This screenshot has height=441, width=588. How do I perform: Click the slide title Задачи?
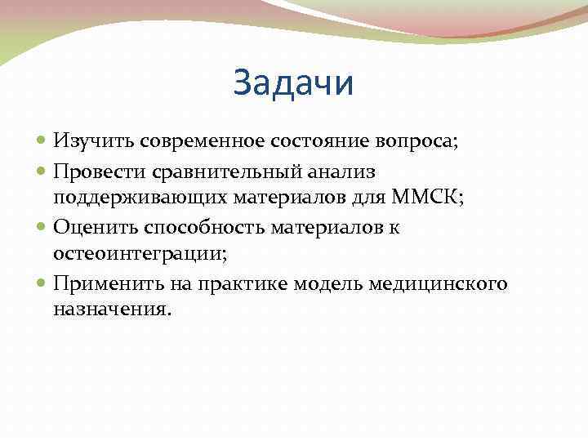(293, 83)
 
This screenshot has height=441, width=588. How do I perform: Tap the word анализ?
(351, 171)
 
